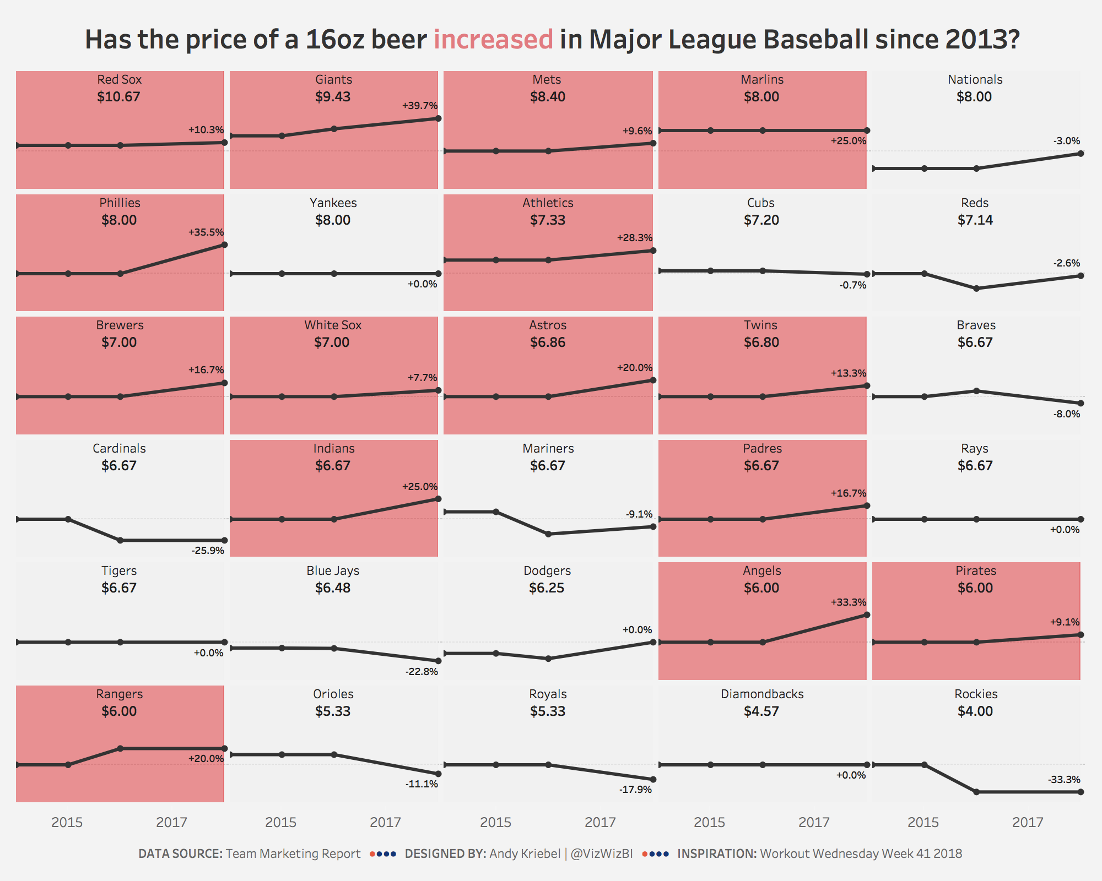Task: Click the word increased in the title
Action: pos(493,40)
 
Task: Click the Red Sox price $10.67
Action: pos(118,97)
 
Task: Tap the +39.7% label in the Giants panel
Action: pos(420,105)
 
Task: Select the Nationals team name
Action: pos(975,79)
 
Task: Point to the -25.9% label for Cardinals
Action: pos(208,550)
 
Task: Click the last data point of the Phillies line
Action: pos(224,244)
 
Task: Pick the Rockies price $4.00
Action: pos(975,711)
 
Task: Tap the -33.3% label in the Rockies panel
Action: pos(1063,780)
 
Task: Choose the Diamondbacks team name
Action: pos(762,694)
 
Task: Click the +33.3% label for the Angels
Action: pos(849,602)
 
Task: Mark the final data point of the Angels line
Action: pos(867,614)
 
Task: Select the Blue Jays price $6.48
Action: pos(333,588)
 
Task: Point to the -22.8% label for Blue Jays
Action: pos(422,672)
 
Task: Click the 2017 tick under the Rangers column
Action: pos(171,823)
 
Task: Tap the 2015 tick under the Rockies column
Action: pos(923,823)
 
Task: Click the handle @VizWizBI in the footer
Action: pos(602,853)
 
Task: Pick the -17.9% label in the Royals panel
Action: pos(635,790)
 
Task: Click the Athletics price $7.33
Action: pos(547,220)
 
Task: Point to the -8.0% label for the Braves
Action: pos(1066,414)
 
